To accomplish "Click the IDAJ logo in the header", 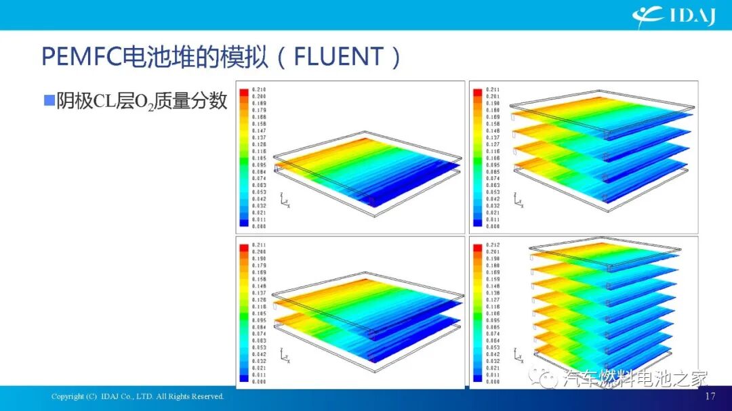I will [x=674, y=15].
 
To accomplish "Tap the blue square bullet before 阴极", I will [x=48, y=101].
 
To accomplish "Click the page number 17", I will [x=710, y=396].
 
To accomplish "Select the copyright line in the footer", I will [x=138, y=396].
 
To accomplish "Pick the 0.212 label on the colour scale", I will [x=493, y=244].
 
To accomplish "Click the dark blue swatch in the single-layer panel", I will [x=243, y=220].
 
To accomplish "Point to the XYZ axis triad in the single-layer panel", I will [x=283, y=200].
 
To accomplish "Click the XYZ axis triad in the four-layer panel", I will [x=518, y=200].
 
